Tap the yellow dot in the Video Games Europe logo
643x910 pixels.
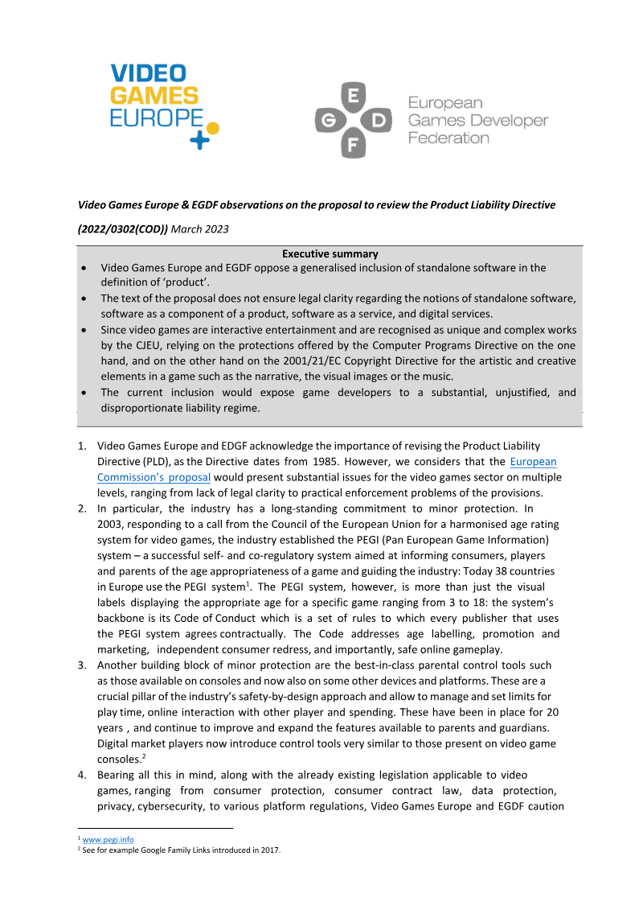[212, 127]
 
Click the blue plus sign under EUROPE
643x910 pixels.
[199, 140]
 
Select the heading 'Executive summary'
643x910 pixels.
[330, 254]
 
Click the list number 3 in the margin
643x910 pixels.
[82, 665]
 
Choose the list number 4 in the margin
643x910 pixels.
[82, 775]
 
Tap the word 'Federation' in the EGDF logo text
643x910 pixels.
[448, 138]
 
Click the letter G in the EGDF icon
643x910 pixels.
[326, 121]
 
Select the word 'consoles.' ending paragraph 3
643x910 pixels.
[120, 758]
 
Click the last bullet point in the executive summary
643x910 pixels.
[85, 393]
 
